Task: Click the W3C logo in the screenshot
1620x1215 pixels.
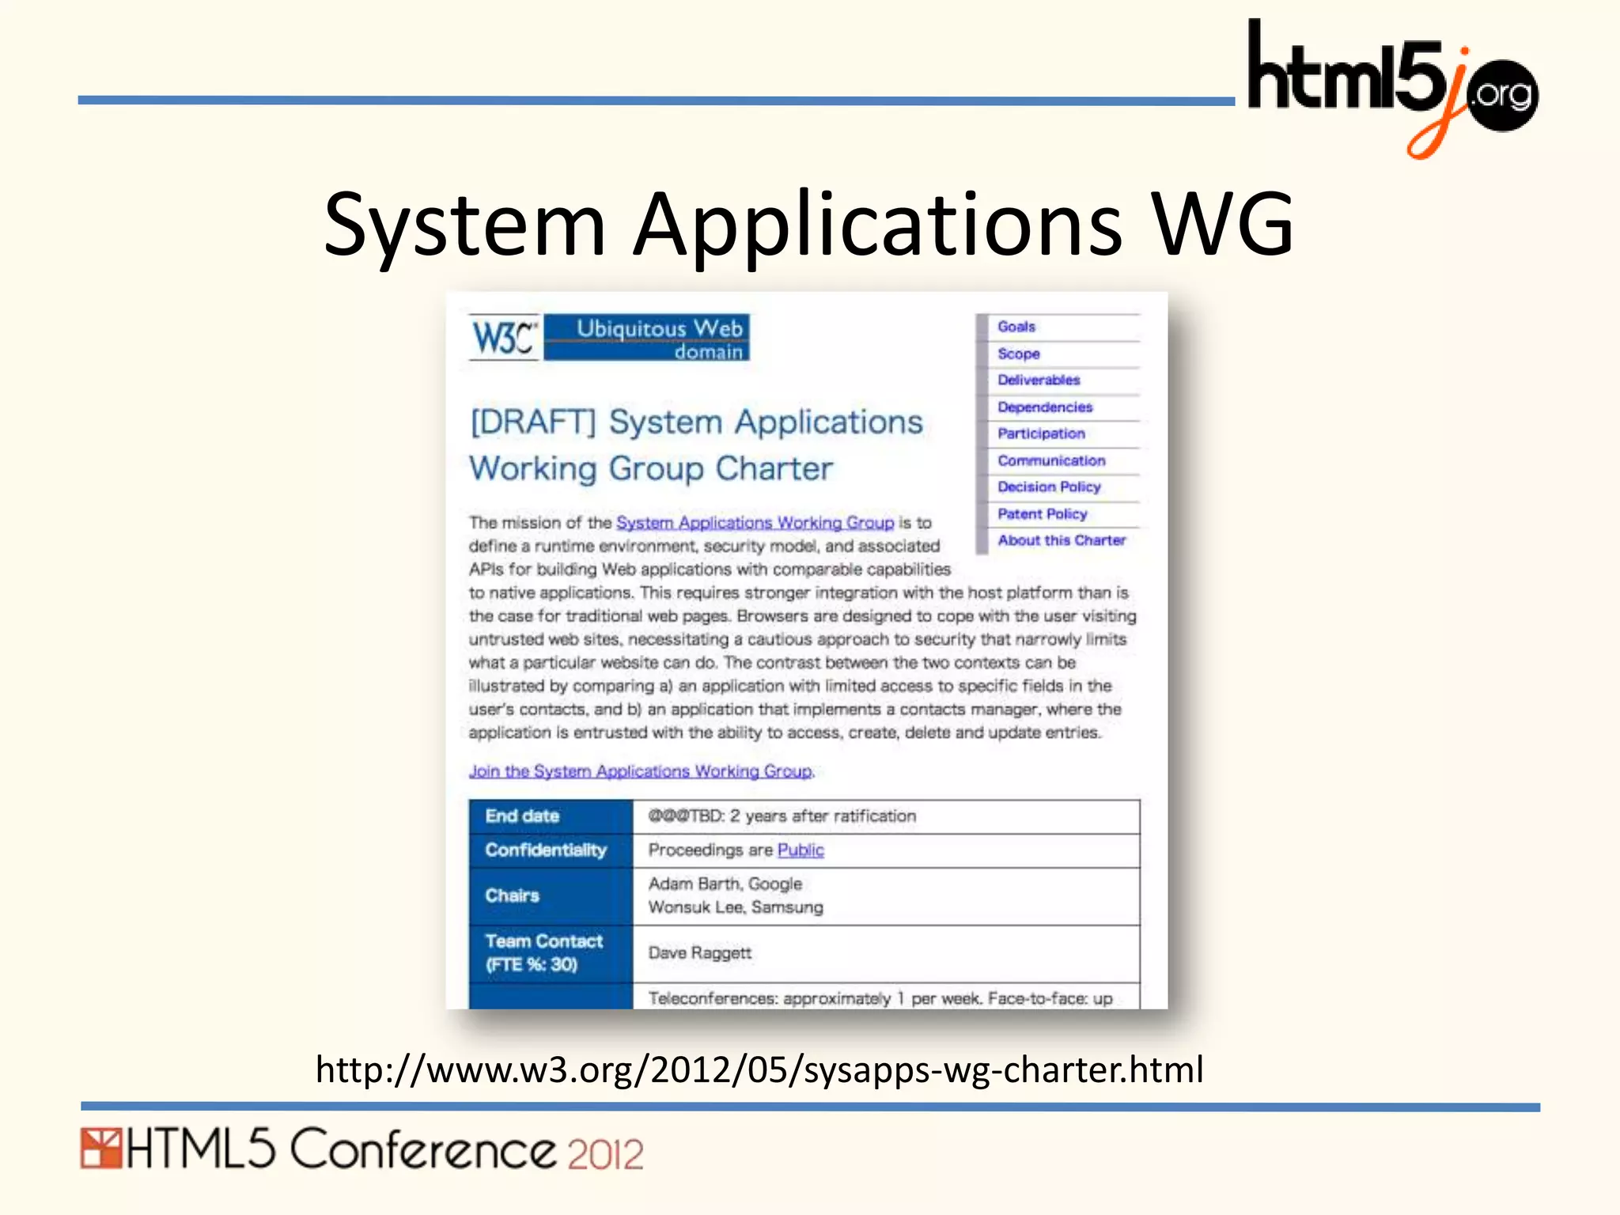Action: tap(504, 339)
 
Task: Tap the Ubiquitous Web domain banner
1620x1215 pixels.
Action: tap(647, 339)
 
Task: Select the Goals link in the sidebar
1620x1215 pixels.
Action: tap(1016, 327)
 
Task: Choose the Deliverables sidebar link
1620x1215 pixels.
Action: tap(1038, 380)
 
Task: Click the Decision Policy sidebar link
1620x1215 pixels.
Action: tap(1048, 487)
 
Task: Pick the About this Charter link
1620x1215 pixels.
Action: tap(1061, 540)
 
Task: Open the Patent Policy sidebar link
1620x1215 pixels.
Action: tap(1042, 514)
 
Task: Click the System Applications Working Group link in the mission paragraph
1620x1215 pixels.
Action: tap(755, 523)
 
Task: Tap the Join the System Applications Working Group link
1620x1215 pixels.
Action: tap(640, 771)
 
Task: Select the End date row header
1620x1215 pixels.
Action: tap(522, 816)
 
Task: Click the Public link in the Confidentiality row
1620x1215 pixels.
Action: tap(800, 850)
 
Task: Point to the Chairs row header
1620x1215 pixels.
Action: tap(512, 896)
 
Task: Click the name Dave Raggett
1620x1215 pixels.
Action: tap(699, 953)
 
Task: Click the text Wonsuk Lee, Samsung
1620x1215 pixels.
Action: tap(735, 907)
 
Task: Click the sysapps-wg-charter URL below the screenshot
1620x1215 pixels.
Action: tap(759, 1069)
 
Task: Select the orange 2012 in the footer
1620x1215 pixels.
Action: tap(605, 1155)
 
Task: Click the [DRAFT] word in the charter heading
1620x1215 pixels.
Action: tap(532, 422)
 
